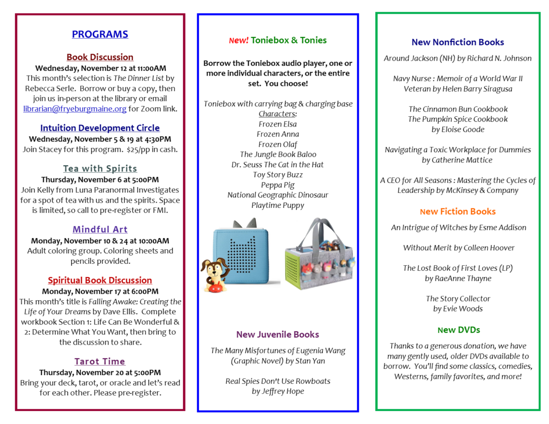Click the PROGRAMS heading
point(100,34)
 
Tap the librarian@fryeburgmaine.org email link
point(75,109)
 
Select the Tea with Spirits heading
point(100,168)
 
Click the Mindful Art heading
point(100,229)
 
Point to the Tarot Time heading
point(100,361)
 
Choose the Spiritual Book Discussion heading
point(100,280)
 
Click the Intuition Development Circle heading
point(100,128)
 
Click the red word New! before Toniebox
point(239,41)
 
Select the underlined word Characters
point(277,114)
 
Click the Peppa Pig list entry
point(277,185)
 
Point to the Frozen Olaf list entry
point(277,144)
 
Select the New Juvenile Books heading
point(278,334)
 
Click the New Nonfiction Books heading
point(458,42)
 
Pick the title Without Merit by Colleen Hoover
point(458,248)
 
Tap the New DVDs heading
point(458,330)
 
